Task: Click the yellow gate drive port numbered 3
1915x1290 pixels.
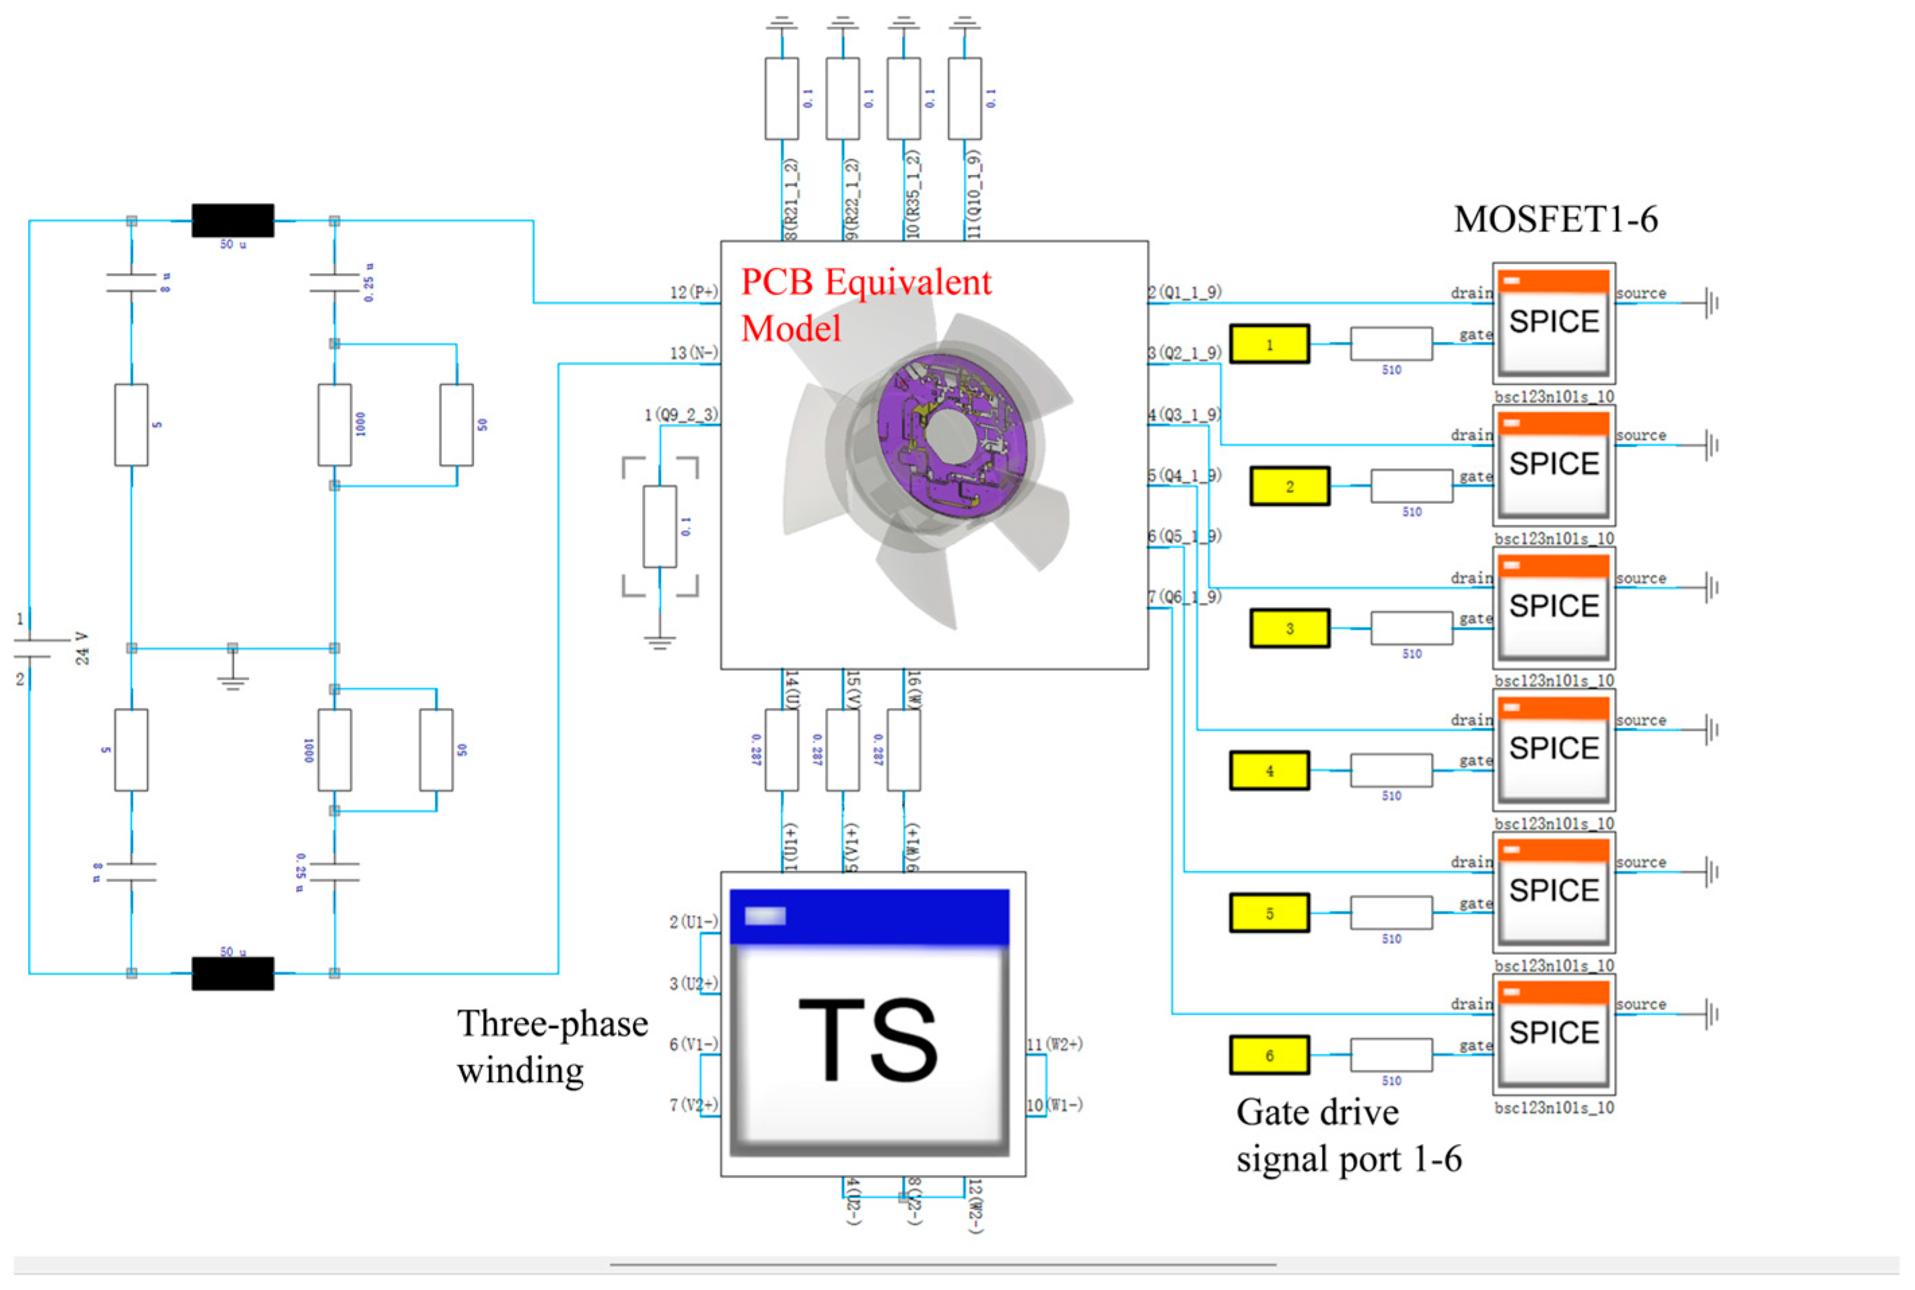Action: coord(1289,629)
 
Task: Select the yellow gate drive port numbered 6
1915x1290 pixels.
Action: coord(1269,1056)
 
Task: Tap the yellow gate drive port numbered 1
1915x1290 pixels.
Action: coord(1269,344)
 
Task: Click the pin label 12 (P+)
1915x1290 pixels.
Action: coord(693,292)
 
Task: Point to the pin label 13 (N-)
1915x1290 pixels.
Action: coord(693,353)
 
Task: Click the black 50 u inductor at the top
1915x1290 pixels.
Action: coord(233,221)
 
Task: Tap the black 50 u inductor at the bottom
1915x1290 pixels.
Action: coord(233,973)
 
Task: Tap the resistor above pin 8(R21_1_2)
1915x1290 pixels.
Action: coord(781,99)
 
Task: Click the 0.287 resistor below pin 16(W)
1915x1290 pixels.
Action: coord(903,750)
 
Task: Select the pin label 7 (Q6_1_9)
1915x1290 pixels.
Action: coord(1185,596)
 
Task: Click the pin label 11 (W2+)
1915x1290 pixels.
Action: coord(1054,1044)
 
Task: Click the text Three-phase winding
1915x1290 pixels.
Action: coord(552,1046)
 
